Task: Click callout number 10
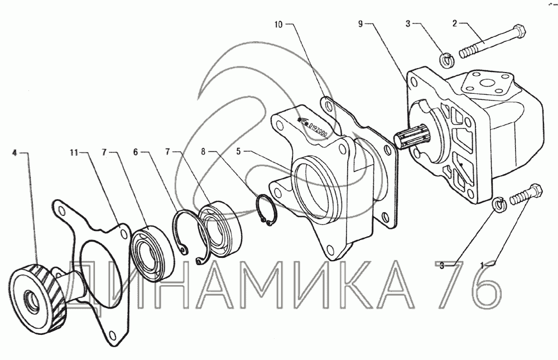pos(278,25)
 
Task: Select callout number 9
pos(361,24)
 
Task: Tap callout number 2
pos(455,24)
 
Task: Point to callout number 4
pos(15,153)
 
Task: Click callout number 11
pos(74,152)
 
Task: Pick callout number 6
pos(136,152)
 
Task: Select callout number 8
pos(203,152)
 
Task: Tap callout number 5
pos(239,151)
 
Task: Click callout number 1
pos(483,265)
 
